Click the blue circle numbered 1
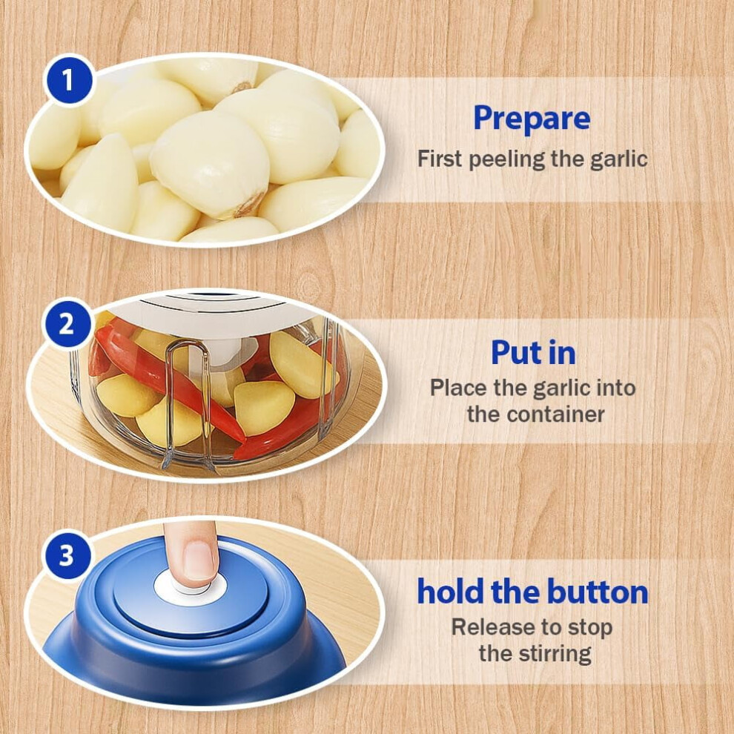coord(69,79)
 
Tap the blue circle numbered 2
coord(67,323)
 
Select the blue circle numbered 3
coord(67,555)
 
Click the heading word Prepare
coord(532,119)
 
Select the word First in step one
coord(440,159)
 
